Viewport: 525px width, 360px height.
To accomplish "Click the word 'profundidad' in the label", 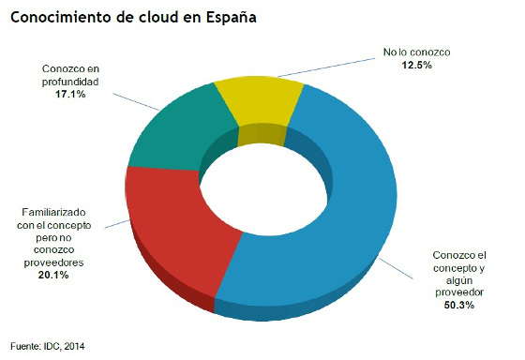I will (72, 82).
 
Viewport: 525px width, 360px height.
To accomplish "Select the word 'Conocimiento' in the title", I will (59, 18).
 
